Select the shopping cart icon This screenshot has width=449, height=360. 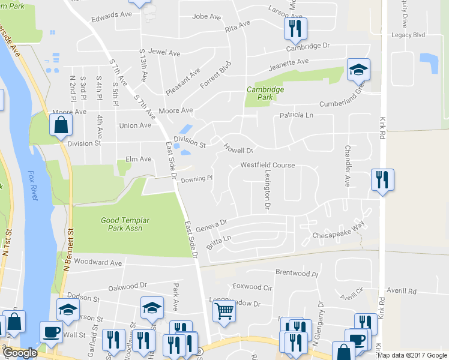click(x=224, y=312)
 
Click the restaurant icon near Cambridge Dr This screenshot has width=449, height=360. click(x=295, y=28)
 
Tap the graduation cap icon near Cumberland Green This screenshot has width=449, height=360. click(x=358, y=70)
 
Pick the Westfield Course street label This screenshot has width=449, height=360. click(x=268, y=165)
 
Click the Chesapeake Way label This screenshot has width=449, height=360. click(x=339, y=233)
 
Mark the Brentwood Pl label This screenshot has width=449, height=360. click(x=297, y=272)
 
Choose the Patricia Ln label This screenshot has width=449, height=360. click(x=297, y=115)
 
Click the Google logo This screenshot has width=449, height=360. click(x=20, y=353)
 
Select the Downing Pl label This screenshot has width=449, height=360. click(x=197, y=178)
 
